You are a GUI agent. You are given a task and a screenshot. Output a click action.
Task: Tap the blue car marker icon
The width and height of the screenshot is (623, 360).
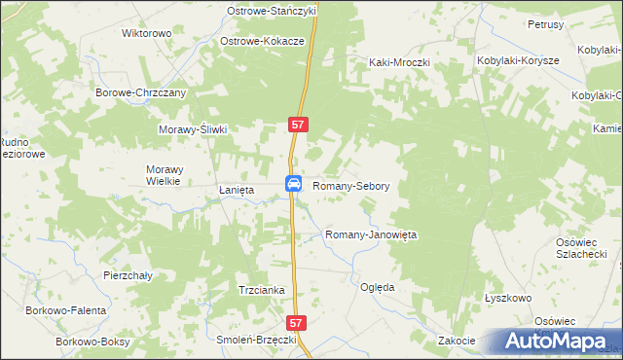pyautogui.click(x=293, y=184)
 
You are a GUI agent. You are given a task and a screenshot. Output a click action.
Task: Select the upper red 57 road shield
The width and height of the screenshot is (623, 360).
pyautogui.click(x=299, y=125)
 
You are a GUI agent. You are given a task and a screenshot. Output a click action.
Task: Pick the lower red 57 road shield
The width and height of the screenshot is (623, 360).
pyautogui.click(x=299, y=321)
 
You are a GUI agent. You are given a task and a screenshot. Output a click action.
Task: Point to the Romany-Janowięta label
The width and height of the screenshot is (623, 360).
pyautogui.click(x=370, y=235)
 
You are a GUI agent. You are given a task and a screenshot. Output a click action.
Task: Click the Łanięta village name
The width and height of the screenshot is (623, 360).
pyautogui.click(x=236, y=191)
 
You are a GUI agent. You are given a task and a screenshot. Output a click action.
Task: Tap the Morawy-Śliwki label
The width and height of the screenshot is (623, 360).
pyautogui.click(x=193, y=129)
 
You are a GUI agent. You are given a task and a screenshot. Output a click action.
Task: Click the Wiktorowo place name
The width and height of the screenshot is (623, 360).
pyautogui.click(x=146, y=33)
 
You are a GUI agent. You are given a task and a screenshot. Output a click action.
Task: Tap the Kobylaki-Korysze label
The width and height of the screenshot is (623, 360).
pyautogui.click(x=518, y=60)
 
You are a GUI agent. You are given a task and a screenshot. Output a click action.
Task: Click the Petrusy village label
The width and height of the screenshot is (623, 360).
pyautogui.click(x=546, y=23)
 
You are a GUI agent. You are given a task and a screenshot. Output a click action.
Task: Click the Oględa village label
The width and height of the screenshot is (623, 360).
pyautogui.click(x=377, y=288)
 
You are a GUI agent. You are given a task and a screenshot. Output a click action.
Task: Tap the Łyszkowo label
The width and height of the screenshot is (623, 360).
pyautogui.click(x=506, y=298)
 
